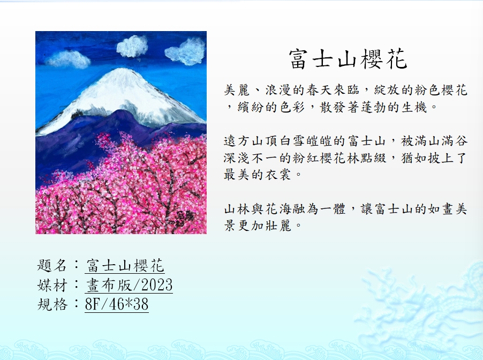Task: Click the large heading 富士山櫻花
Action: point(348,58)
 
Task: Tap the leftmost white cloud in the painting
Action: point(69,59)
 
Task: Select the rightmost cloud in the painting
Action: point(186,52)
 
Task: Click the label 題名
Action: point(52,265)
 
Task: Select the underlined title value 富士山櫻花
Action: point(125,265)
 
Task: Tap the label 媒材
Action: point(52,285)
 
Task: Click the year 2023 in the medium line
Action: point(157,285)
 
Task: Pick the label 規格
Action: point(52,304)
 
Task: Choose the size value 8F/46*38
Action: point(117,304)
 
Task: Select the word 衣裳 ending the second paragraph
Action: point(277,175)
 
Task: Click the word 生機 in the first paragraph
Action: point(414,107)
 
